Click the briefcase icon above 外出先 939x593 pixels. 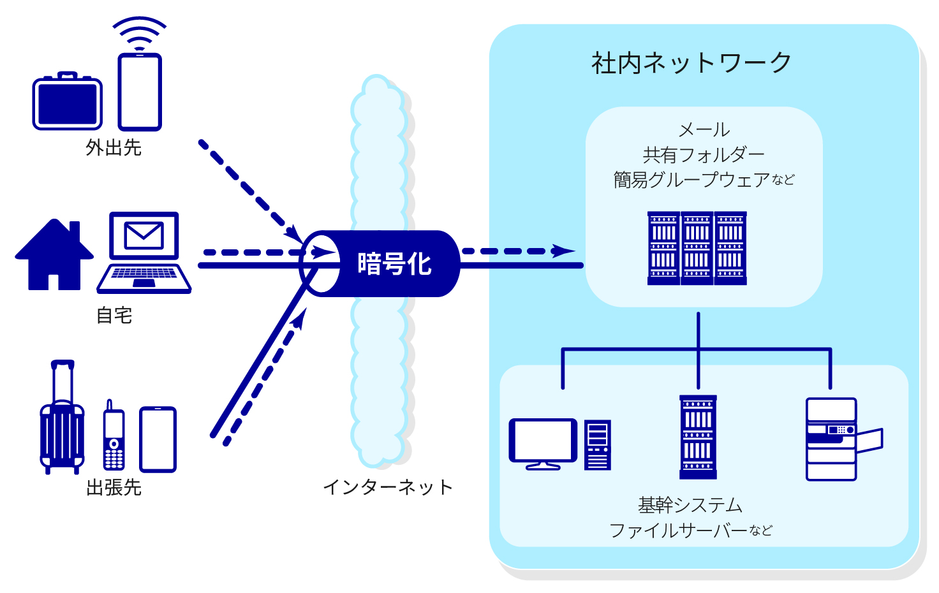pyautogui.click(x=67, y=102)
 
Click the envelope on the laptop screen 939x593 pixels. pyautogui.click(x=144, y=235)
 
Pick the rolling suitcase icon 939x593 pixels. pyautogui.click(x=62, y=421)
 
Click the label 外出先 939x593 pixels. pyautogui.click(x=114, y=148)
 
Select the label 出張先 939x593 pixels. pyautogui.click(x=114, y=488)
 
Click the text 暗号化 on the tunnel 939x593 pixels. pyautogui.click(x=394, y=263)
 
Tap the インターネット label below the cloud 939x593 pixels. pyautogui.click(x=388, y=487)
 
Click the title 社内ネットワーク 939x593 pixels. pyautogui.click(x=691, y=63)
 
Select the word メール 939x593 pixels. pyautogui.click(x=704, y=129)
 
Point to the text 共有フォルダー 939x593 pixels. pyautogui.click(x=704, y=155)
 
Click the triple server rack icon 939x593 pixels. pyautogui.click(x=697, y=249)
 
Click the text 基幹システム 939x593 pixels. pyautogui.click(x=691, y=505)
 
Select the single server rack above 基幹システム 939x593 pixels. pyautogui.click(x=698, y=437)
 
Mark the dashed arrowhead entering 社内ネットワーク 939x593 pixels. pyautogui.click(x=563, y=251)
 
